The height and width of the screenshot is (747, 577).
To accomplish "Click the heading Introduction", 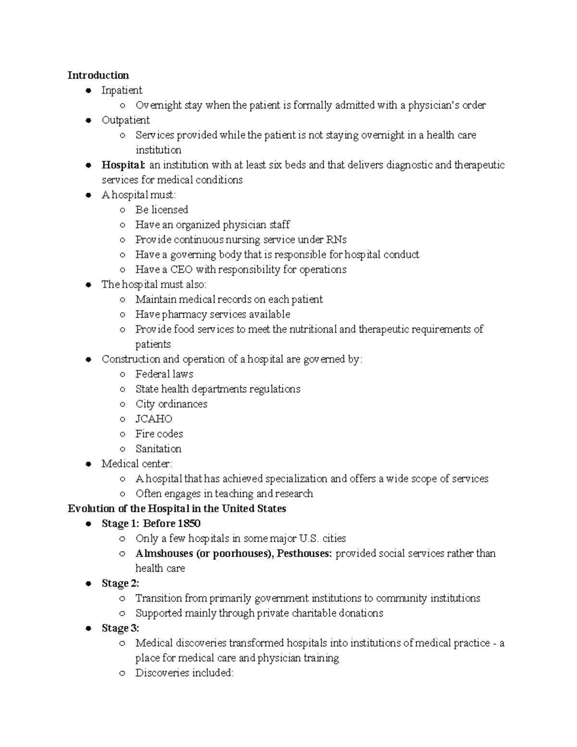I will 98,75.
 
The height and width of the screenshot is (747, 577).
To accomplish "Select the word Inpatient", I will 122,90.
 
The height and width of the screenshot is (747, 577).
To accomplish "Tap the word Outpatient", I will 125,120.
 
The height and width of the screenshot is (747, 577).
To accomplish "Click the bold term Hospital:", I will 123,165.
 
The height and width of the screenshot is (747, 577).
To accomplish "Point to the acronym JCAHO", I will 153,419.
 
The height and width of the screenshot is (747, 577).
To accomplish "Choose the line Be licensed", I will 162,210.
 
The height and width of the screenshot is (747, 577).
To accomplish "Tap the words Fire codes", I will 159,434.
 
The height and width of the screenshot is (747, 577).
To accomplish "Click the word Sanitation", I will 158,449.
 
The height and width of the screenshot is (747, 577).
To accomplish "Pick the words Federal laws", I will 164,374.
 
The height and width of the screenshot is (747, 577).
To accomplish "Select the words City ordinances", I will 171,404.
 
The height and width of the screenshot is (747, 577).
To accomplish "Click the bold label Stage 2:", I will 120,583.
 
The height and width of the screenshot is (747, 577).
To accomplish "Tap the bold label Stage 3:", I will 120,628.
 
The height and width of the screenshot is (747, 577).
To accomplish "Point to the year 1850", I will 189,523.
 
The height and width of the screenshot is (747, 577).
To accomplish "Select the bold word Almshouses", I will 163,554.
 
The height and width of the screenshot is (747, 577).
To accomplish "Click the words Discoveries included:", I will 184,673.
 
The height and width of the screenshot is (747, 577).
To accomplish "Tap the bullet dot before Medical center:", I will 88,464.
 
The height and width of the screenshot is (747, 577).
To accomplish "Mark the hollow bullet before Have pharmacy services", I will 123,315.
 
